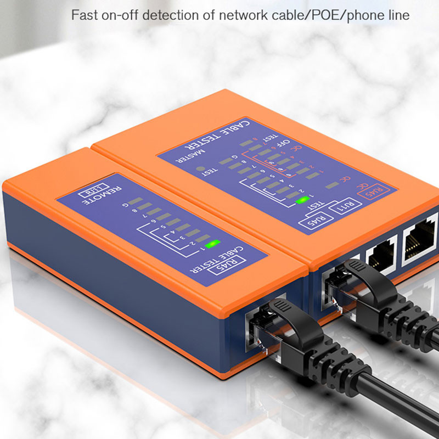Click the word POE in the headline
[324, 15]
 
